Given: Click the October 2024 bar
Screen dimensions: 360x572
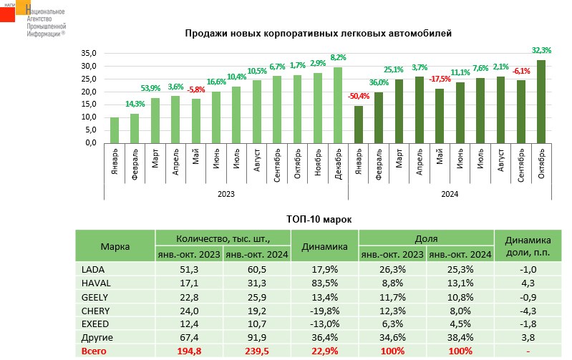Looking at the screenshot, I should (541, 101).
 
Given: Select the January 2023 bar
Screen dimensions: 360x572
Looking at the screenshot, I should (114, 130).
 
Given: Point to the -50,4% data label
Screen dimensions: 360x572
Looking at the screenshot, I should (358, 97).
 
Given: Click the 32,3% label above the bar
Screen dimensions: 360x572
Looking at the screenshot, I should (541, 50).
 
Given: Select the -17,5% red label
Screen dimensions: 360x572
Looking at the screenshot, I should (440, 79).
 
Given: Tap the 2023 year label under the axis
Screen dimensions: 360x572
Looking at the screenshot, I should (226, 193).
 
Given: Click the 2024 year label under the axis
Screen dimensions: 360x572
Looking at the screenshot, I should (450, 193).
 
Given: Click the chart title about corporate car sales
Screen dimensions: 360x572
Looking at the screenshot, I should (319, 33).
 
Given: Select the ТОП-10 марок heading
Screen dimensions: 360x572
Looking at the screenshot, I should (319, 219).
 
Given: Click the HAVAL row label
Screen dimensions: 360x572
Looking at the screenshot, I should (94, 283).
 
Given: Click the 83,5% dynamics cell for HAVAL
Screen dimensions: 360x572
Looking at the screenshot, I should (324, 283).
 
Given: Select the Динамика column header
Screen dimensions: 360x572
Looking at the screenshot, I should (324, 246).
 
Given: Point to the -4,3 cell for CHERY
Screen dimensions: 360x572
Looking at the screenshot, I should (528, 310).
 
